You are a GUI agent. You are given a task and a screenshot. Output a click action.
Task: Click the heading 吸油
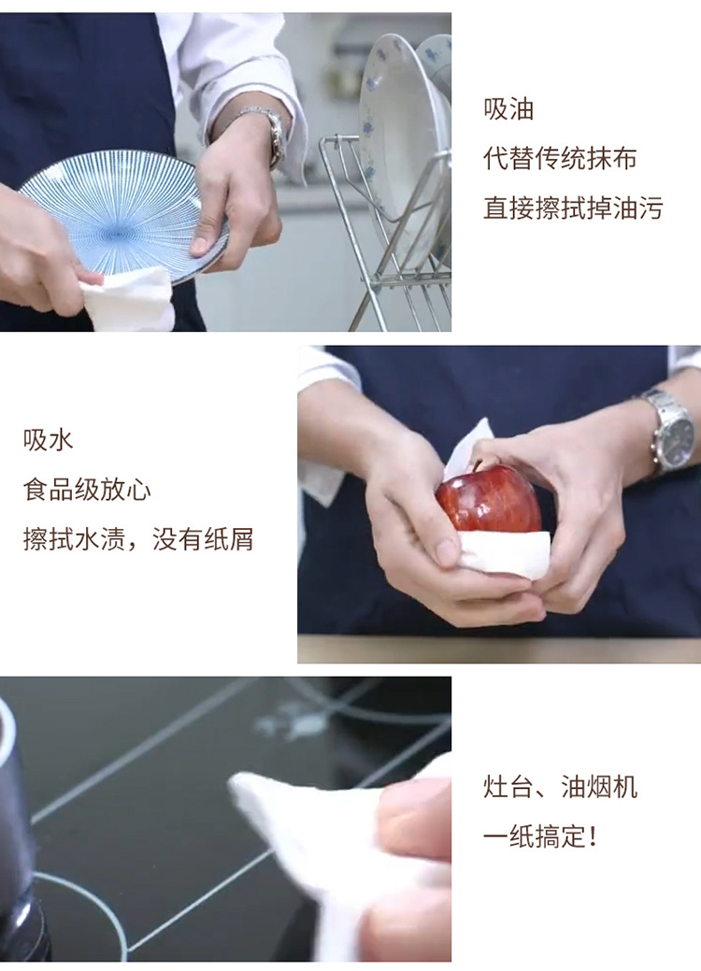click(508, 109)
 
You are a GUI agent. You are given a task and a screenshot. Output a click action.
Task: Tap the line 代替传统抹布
click(560, 159)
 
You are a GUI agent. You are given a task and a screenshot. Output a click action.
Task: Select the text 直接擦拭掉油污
click(573, 208)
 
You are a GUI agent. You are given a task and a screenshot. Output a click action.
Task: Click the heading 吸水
click(49, 440)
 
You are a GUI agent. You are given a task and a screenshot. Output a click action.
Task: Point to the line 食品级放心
click(87, 490)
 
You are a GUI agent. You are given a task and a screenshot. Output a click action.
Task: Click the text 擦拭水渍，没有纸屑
click(138, 539)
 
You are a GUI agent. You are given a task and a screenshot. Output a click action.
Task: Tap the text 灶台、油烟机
click(560, 788)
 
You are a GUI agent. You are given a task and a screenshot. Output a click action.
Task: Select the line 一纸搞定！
click(540, 837)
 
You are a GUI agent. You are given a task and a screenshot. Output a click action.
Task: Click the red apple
click(489, 500)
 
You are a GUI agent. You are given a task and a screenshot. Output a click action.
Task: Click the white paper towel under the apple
click(503, 553)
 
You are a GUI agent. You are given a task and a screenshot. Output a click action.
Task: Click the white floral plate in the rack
click(403, 149)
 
